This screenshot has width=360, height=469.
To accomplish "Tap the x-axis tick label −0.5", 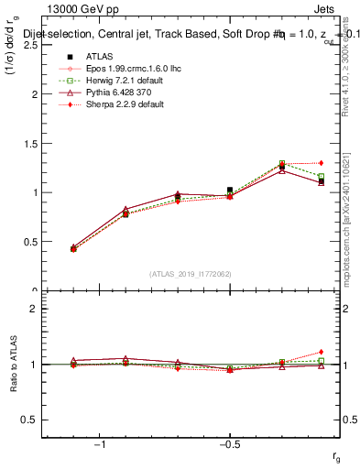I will tap(228, 443).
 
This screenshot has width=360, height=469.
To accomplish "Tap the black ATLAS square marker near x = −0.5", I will tap(230, 190).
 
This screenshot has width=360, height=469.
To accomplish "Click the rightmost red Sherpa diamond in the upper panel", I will tap(321, 163).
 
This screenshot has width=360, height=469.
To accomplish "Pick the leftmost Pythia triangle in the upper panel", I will tap(73, 247).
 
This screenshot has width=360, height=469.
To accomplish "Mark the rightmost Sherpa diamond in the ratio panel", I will tap(321, 352).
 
